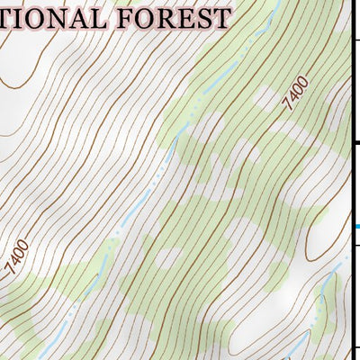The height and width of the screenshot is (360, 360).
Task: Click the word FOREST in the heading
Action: click(176, 18)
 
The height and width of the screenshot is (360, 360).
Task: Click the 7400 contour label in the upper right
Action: click(295, 94)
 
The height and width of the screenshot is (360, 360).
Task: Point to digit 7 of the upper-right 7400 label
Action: click(289, 107)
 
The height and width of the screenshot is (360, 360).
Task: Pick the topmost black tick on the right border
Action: click(355, 40)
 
